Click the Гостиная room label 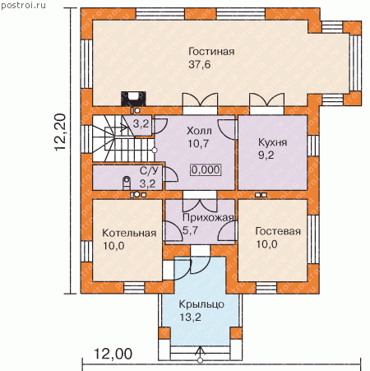211,52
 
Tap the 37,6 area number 200,65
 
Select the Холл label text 199,131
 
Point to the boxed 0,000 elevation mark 206,169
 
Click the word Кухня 273,142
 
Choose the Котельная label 129,233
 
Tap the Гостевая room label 278,231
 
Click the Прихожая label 208,217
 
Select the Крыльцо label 201,304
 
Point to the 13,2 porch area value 190,318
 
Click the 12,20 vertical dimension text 60,132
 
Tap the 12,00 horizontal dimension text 113,354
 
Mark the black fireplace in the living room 133,99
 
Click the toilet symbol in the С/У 127,183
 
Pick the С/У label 149,171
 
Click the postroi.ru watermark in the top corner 23,6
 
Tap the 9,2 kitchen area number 266,155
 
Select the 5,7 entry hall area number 190,230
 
